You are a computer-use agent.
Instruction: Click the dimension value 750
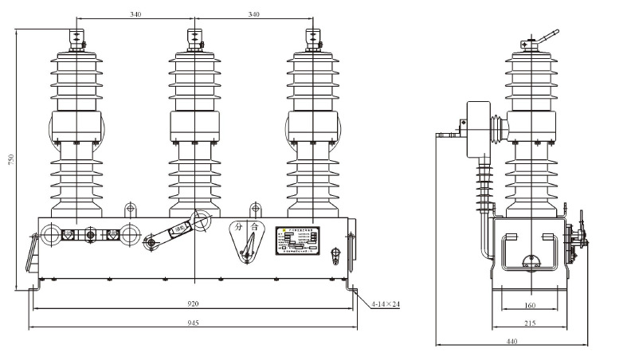tap(10, 159)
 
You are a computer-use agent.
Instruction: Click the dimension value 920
tap(193, 303)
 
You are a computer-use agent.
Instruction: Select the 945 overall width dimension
tap(193, 323)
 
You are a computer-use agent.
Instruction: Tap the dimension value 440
tap(511, 342)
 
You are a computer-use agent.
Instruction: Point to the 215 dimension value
tap(530, 323)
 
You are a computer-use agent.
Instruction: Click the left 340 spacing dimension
tap(135, 14)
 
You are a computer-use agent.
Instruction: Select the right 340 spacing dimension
tap(255, 14)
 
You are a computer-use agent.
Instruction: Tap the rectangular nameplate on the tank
tap(297, 241)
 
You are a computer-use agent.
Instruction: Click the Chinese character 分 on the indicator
tap(238, 227)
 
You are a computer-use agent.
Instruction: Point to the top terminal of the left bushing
tap(77, 38)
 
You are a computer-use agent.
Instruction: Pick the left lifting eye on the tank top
tap(130, 209)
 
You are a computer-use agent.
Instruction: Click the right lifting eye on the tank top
tap(255, 209)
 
